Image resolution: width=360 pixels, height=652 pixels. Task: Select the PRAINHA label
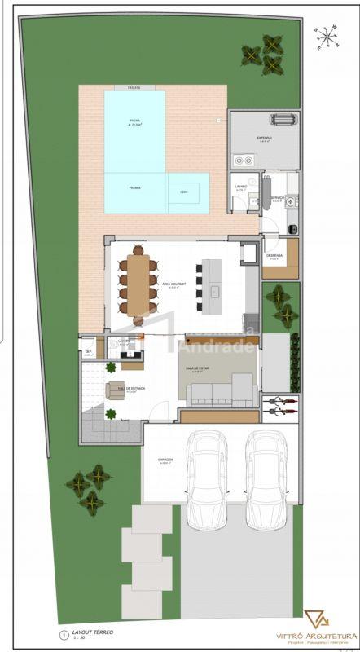point(134,187)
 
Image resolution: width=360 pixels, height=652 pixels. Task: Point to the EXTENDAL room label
point(265,139)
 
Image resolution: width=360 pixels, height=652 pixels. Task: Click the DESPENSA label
point(274,256)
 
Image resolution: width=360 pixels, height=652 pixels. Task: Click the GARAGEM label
point(166,460)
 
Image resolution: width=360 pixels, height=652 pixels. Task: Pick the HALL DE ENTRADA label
point(132,389)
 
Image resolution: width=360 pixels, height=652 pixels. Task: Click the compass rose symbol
point(327,35)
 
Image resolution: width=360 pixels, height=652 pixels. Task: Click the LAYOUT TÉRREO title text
point(92,632)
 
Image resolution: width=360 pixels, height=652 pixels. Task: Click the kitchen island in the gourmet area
point(212,280)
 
